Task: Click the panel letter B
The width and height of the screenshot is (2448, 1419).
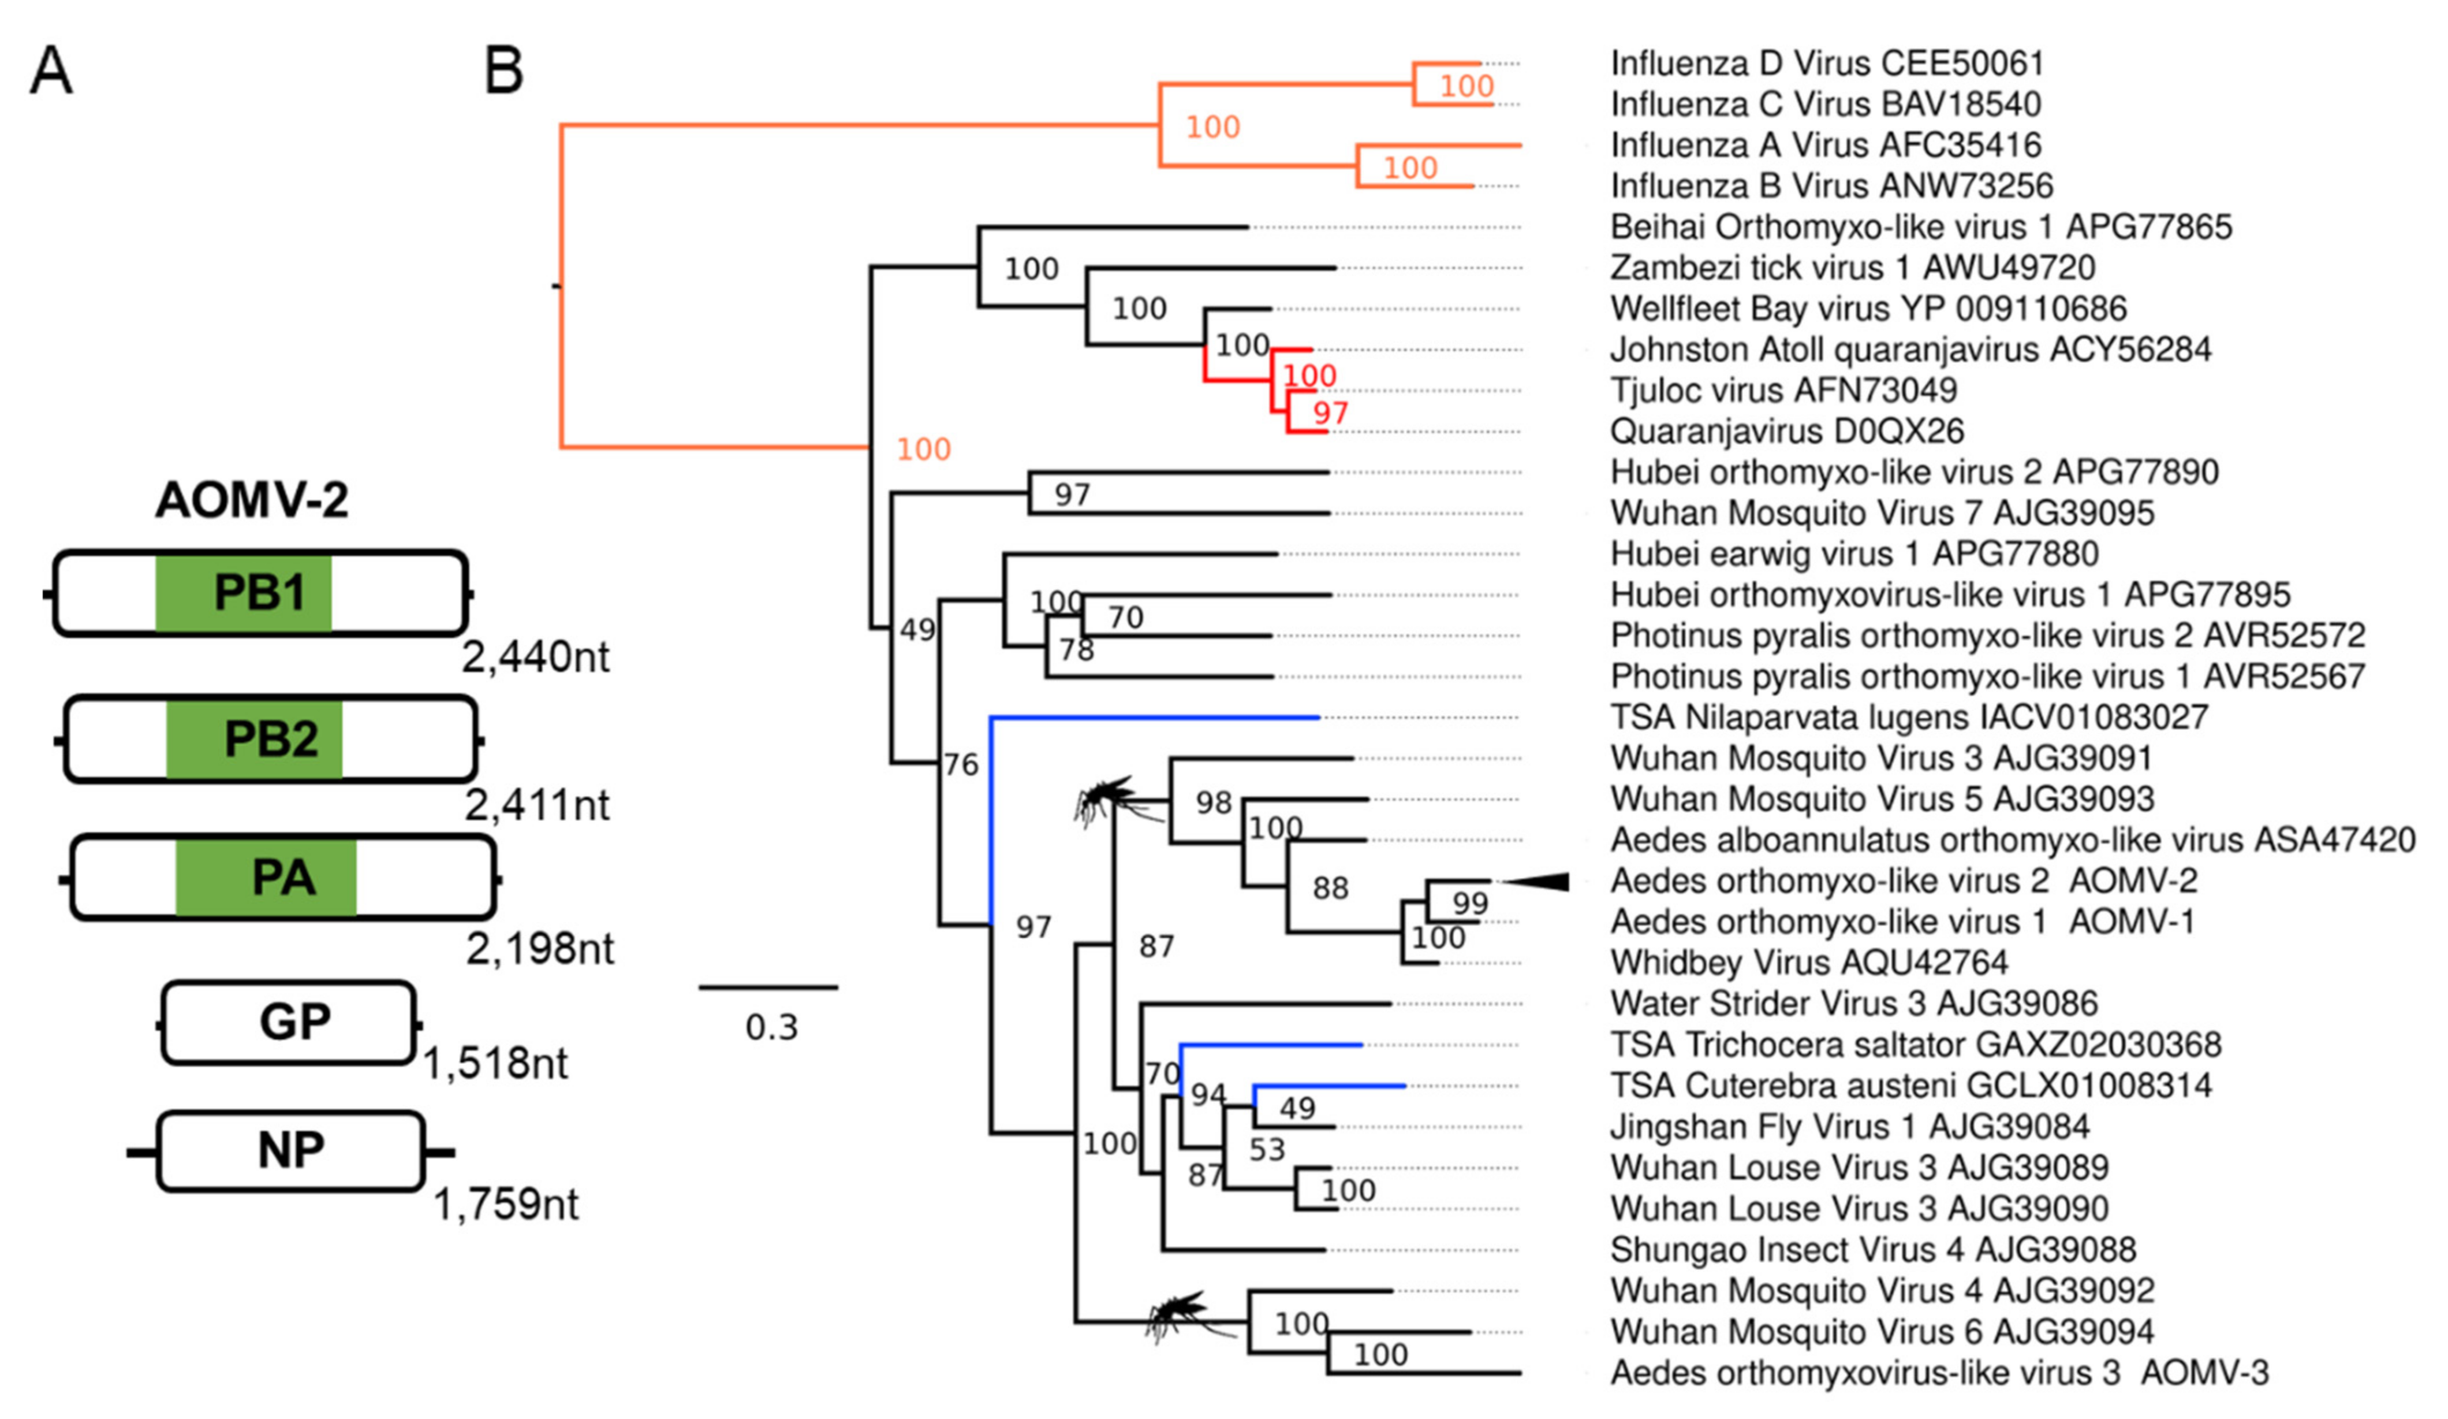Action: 503,71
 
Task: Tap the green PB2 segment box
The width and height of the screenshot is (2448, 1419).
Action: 255,738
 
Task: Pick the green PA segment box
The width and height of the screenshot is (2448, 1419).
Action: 266,878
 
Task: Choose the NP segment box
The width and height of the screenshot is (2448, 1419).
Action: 290,1151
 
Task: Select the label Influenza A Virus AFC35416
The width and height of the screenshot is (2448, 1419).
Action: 1825,145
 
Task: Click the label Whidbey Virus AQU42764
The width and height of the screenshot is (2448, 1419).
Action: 1809,962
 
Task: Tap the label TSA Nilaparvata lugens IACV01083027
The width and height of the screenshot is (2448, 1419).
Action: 1909,717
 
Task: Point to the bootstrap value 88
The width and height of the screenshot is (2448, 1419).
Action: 1330,887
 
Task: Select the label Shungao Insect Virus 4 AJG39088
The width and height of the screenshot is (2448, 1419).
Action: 1873,1249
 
